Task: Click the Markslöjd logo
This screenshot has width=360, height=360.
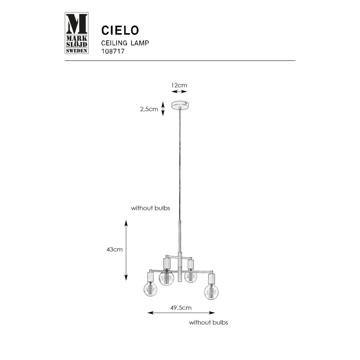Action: pyautogui.click(x=77, y=34)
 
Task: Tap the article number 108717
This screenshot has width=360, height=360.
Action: pyautogui.click(x=113, y=51)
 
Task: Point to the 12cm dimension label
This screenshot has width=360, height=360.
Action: pyautogui.click(x=179, y=85)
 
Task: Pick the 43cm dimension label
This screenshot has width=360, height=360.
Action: pyautogui.click(x=114, y=250)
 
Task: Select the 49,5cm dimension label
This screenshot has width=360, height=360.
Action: pyautogui.click(x=181, y=307)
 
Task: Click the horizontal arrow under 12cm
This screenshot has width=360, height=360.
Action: pyautogui.click(x=179, y=92)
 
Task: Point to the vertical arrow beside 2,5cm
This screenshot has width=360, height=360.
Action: pyautogui.click(x=163, y=109)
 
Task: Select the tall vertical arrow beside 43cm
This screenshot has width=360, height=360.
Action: pyautogui.click(x=126, y=250)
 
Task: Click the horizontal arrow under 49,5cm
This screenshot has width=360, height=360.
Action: pyautogui.click(x=181, y=313)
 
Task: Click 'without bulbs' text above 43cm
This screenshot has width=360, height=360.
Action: pyautogui.click(x=151, y=208)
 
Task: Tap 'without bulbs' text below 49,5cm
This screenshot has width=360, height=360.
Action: pyautogui.click(x=208, y=322)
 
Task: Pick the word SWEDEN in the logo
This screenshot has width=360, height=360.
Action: pyautogui.click(x=77, y=51)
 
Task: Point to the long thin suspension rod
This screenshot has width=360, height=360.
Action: pyautogui.click(x=180, y=166)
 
